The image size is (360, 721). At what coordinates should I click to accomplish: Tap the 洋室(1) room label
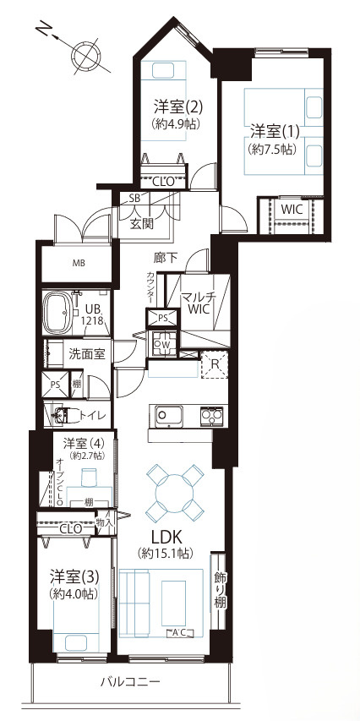(272, 132)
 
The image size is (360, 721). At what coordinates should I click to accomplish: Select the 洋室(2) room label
(177, 107)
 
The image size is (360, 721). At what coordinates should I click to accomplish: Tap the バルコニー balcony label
(130, 681)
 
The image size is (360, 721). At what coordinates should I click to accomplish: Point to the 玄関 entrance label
(142, 224)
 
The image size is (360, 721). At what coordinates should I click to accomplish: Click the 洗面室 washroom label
(86, 354)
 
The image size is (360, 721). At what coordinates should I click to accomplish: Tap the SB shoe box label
(135, 199)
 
